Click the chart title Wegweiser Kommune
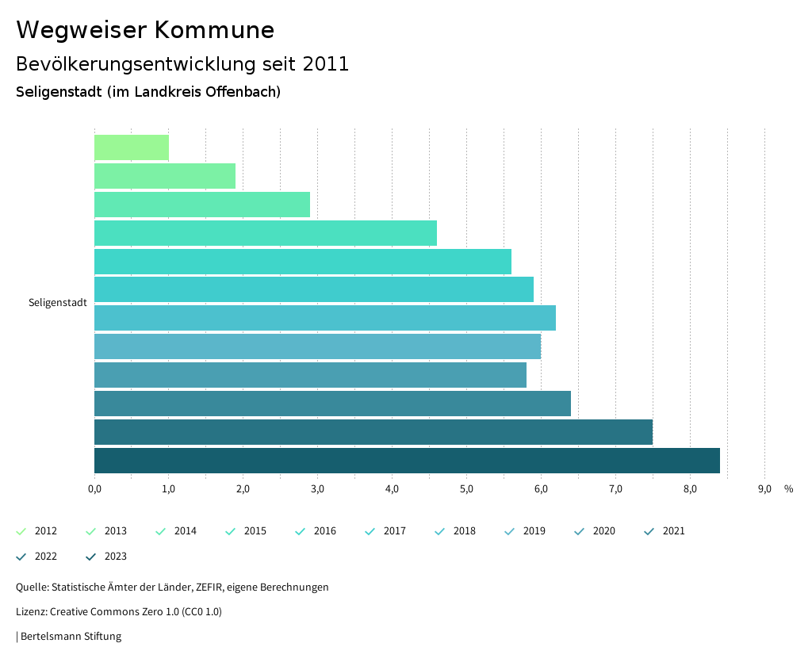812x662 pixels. point(145,30)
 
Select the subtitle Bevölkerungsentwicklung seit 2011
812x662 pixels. point(182,64)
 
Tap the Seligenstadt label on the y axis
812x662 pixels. point(58,303)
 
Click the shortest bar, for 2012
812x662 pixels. point(132,147)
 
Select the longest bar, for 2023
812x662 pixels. point(407,461)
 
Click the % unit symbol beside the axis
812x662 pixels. point(788,489)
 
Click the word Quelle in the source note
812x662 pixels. point(31,587)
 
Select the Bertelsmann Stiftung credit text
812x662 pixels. point(71,637)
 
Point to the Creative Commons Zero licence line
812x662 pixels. point(119,612)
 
